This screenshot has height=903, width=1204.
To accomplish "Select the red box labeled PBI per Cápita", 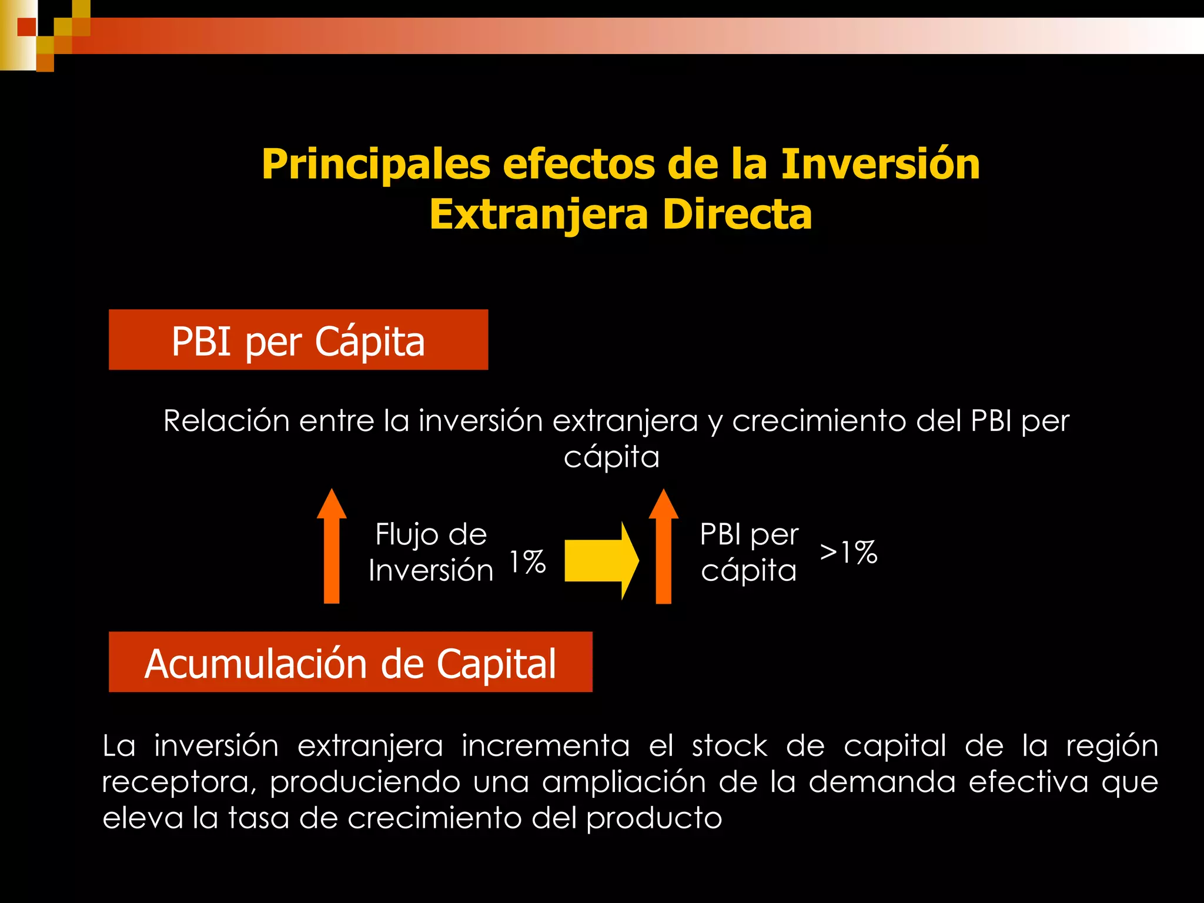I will click(298, 340).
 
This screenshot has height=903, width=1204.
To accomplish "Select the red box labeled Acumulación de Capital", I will click(350, 662).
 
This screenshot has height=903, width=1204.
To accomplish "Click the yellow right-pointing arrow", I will click(601, 561).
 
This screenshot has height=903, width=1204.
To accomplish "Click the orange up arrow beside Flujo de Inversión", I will click(332, 547).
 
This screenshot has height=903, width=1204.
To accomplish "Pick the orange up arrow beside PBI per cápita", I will click(663, 547).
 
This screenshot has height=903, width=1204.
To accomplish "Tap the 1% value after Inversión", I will click(527, 562).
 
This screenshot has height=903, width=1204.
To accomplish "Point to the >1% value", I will click(848, 553).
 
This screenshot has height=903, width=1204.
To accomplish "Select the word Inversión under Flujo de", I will click(431, 571).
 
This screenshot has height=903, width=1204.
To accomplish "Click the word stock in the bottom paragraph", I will click(730, 746).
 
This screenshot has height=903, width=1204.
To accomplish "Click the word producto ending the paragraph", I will click(654, 819).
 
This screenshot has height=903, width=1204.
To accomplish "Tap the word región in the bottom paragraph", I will click(1112, 747).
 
